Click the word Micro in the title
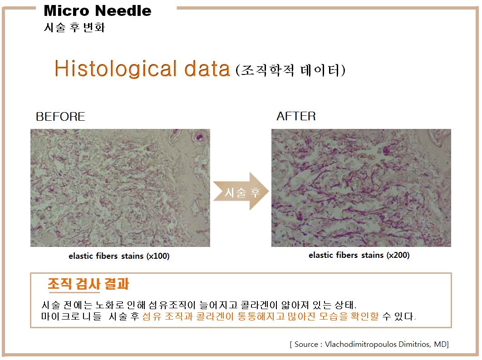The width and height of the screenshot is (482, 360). point(66,11)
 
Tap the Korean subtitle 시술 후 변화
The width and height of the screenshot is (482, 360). point(74,27)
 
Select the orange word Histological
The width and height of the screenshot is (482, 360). point(116,69)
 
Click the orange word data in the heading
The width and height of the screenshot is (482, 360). point(207,68)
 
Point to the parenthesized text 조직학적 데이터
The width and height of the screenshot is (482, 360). point(290,70)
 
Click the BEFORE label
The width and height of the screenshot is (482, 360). point(60,117)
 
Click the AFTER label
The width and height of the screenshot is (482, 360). point(296,116)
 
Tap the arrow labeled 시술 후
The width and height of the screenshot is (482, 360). point(241,191)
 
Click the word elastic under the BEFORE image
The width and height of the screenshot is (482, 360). point(80,256)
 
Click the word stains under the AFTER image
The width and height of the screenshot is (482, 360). point(372,255)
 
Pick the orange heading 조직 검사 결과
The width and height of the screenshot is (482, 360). point(88,284)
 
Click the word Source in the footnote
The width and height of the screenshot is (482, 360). point(306,344)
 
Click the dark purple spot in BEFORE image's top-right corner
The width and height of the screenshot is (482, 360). point(200,137)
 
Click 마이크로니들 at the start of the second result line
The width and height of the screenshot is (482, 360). point(71,316)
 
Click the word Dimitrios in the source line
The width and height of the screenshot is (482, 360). point(414,344)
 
